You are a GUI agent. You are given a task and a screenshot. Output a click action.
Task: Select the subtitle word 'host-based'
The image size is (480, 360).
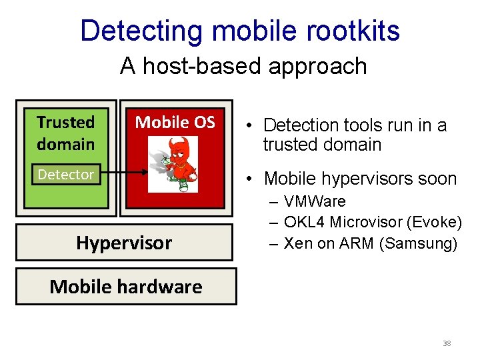point(200,66)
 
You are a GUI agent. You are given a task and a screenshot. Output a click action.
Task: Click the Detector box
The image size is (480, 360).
point(66,174)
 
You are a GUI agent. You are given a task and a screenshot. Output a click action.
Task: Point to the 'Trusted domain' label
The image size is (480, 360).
point(66,133)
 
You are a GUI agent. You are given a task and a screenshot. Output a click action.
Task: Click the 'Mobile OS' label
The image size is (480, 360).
point(175,122)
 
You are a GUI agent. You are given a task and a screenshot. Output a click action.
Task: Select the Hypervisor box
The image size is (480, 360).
point(124,243)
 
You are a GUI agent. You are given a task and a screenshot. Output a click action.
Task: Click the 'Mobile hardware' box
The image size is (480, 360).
point(126,287)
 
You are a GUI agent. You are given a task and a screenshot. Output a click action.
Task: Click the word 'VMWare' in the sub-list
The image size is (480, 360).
point(315,201)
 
